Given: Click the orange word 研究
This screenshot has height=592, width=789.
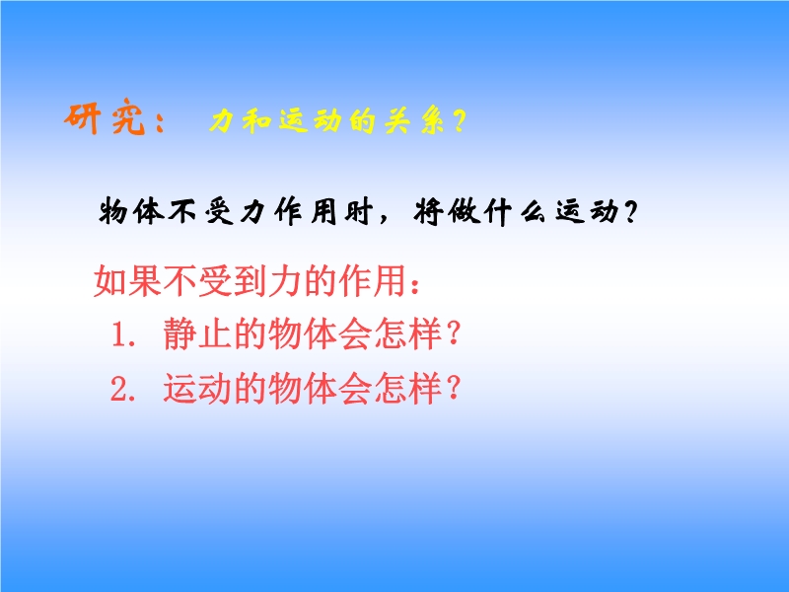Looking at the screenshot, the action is pos(106,117).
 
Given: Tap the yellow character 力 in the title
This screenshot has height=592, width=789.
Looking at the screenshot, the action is pos(223,121).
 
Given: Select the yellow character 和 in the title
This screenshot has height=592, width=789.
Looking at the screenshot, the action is pos(256,121).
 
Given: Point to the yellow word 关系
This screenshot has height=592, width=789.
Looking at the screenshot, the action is pos(414,121).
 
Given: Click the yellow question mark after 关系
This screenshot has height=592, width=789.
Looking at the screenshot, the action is pos(459,121).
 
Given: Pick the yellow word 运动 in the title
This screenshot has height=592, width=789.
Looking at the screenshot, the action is pos(310,121).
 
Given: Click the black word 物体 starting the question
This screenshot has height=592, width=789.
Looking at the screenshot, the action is pos(132,211).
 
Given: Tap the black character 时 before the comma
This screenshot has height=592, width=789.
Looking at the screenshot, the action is pos(359,211).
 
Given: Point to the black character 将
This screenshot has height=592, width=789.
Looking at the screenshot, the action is pos(429,211).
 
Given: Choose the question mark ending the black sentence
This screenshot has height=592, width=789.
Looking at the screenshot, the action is pos(629,212).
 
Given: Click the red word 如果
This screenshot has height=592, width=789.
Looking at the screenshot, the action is pos(128,280).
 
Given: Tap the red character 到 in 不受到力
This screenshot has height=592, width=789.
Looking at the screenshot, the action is pos(251,280).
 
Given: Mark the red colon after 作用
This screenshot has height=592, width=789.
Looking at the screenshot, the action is pos(414,284).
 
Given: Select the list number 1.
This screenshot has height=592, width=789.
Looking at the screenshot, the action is pos(123,333).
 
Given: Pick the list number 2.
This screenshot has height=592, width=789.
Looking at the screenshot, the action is pos(123,389).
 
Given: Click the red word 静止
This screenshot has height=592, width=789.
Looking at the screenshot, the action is pos(197,333).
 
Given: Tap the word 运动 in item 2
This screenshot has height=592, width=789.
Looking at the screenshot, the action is pos(197,388).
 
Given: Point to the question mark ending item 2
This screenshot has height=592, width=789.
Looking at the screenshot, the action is pos(454,388).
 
